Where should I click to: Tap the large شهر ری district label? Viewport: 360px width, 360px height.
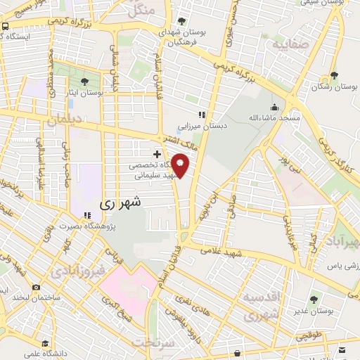tap(121, 202)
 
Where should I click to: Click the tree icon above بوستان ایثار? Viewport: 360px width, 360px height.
tap(85, 81)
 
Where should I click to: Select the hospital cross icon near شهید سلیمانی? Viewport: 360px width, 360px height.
tap(157, 153)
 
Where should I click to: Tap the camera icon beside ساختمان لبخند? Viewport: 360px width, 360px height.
tap(36, 288)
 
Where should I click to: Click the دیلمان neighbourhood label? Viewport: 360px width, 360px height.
tap(65, 120)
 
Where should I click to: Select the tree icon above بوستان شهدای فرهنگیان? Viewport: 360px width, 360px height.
tap(183, 21)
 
